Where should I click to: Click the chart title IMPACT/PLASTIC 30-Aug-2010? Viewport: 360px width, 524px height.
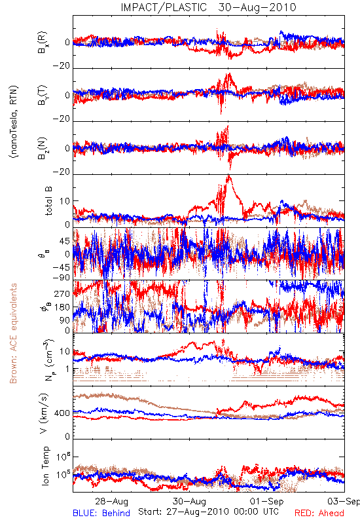(x=208, y=7)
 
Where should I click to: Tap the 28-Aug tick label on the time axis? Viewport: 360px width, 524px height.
(x=111, y=501)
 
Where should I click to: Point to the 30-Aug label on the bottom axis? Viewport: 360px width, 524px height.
(x=189, y=501)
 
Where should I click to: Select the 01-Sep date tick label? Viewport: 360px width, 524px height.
(x=267, y=501)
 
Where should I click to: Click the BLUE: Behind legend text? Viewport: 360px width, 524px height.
(x=101, y=513)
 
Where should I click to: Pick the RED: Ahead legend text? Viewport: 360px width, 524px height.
(x=319, y=513)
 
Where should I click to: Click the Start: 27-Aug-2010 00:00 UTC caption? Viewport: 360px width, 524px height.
(x=208, y=512)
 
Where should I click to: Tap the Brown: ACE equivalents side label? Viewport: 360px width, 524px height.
(x=13, y=333)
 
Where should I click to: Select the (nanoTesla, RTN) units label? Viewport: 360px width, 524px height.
(x=14, y=122)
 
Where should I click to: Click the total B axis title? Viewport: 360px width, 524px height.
(x=48, y=200)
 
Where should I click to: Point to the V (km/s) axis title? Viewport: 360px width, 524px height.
(x=44, y=413)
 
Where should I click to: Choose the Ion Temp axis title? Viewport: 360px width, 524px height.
(x=45, y=466)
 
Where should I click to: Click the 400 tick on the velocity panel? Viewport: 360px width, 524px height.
(x=62, y=413)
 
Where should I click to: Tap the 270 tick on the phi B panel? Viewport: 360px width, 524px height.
(x=62, y=293)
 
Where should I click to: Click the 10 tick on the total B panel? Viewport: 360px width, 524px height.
(x=65, y=201)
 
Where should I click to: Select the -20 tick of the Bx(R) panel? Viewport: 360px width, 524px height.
(x=61, y=66)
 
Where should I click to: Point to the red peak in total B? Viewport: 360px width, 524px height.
(x=228, y=176)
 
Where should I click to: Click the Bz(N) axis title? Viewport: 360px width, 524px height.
(x=43, y=148)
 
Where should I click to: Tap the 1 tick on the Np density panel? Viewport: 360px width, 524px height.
(x=68, y=369)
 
